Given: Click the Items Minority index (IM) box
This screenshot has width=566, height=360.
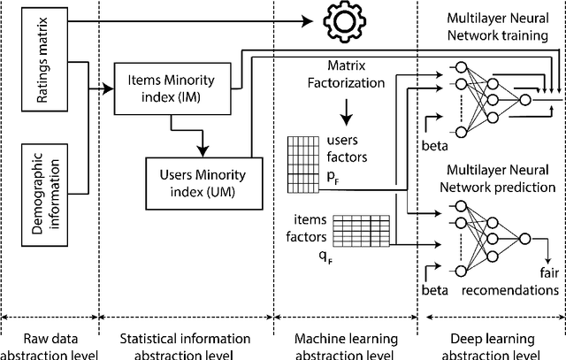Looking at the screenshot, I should pos(173,87).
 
